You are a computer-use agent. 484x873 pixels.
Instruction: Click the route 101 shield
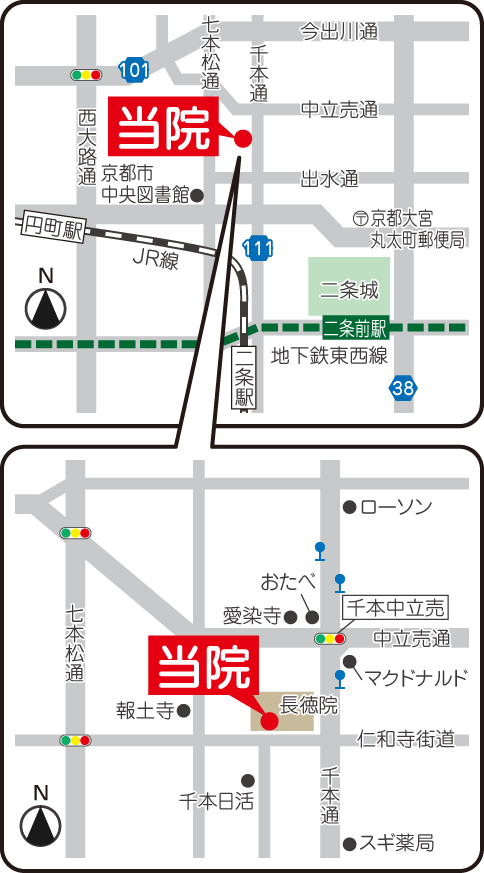click(x=133, y=69)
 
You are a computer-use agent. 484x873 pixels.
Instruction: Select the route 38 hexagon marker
click(x=402, y=387)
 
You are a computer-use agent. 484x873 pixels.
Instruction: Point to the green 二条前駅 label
click(x=355, y=326)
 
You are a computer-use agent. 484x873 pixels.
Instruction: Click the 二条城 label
click(x=349, y=291)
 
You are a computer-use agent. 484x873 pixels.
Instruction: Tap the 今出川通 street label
click(x=339, y=32)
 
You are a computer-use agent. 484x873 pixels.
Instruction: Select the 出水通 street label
click(x=329, y=180)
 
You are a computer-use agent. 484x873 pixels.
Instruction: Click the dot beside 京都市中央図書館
click(x=198, y=196)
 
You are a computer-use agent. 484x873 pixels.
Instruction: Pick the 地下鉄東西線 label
click(x=329, y=356)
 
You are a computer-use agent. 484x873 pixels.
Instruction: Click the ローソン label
click(x=397, y=507)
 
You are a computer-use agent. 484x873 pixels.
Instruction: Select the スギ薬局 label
click(x=398, y=843)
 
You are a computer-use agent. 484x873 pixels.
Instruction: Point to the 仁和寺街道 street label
click(x=405, y=739)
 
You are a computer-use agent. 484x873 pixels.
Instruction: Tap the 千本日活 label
click(x=217, y=801)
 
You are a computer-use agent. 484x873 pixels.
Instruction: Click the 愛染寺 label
click(x=251, y=615)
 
